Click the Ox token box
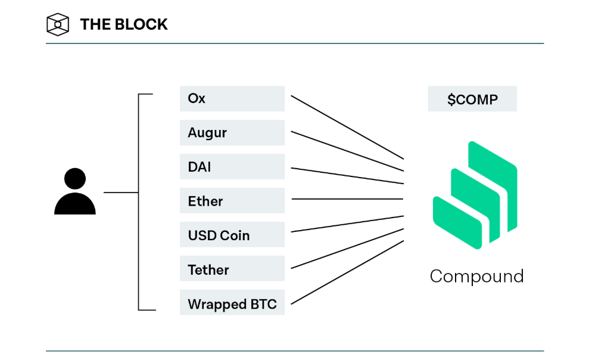tap(232, 98)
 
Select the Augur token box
tap(232, 133)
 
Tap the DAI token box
tap(232, 166)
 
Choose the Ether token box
tap(232, 201)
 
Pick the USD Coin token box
tap(232, 234)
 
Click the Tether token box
tap(232, 268)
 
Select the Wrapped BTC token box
tap(232, 302)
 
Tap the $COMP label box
tap(472, 99)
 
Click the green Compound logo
tap(475, 195)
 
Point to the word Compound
tap(476, 277)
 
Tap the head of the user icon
tap(75, 178)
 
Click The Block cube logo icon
tap(58, 24)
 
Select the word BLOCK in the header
tap(141, 24)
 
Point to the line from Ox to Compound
tap(347, 128)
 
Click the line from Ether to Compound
tap(347, 199)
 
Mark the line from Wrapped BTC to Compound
tap(347, 272)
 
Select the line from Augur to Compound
tap(347, 151)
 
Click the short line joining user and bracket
tap(121, 193)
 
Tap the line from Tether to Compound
tap(347, 249)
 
